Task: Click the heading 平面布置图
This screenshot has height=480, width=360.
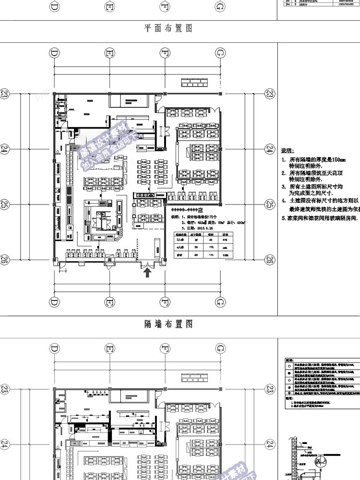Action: coord(168,28)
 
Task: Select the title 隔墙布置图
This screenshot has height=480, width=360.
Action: coord(168,324)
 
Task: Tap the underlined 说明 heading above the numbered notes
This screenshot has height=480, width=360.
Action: coord(287,150)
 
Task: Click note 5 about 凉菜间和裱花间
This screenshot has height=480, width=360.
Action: coord(320,217)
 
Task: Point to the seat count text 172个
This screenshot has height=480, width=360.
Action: coord(211,217)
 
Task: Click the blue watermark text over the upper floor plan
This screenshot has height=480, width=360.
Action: coord(109,144)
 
